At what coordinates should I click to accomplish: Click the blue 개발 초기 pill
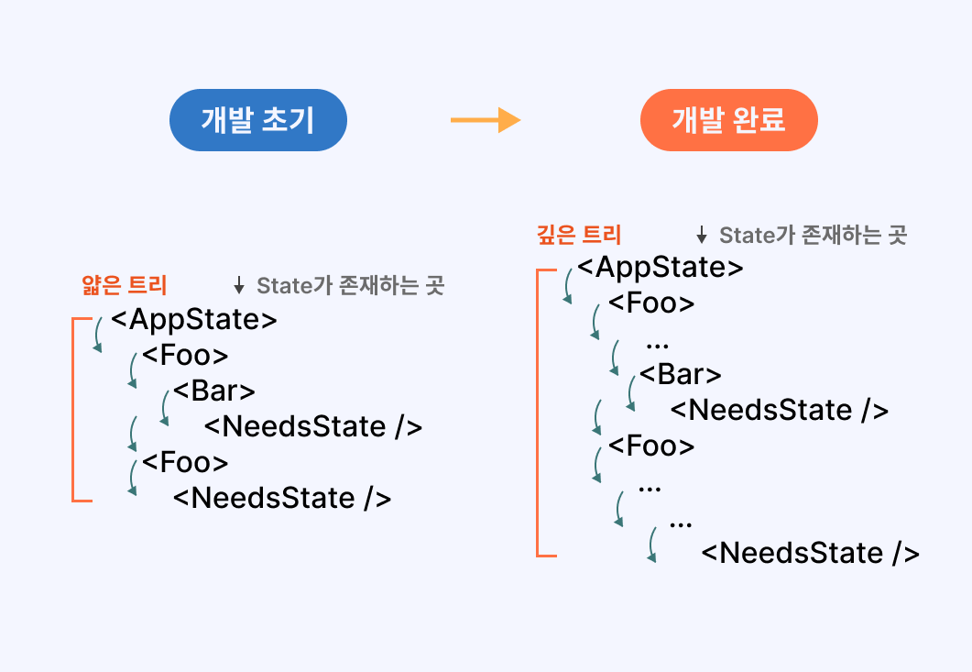pos(257,120)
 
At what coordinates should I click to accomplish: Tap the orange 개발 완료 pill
pos(728,120)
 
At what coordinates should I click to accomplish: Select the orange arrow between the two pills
pos(485,120)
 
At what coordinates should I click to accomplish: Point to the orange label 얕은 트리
pos(125,285)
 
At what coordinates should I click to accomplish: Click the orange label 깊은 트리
pos(578,235)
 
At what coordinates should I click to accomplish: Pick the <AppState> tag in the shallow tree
pos(193,320)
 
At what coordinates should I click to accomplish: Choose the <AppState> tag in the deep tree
pos(660,268)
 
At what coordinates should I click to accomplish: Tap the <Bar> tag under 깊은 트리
pos(681,375)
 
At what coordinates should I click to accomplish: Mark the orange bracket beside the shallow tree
pos(72,409)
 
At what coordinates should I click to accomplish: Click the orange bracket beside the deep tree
pos(538,413)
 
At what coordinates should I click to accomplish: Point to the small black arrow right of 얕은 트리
pos(239,286)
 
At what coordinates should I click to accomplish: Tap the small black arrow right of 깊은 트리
pos(702,236)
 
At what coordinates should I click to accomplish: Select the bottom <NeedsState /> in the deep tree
pos(810,553)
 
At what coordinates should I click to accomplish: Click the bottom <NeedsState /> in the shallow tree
pos(282,498)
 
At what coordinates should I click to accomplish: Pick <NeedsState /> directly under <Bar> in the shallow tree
pos(312,426)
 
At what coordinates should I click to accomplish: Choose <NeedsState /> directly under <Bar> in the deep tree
pos(780,410)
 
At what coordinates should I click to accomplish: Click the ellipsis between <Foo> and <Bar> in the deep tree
pos(657,345)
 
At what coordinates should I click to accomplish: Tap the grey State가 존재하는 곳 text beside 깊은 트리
pos(813,236)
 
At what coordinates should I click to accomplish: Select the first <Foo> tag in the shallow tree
pos(185,356)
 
